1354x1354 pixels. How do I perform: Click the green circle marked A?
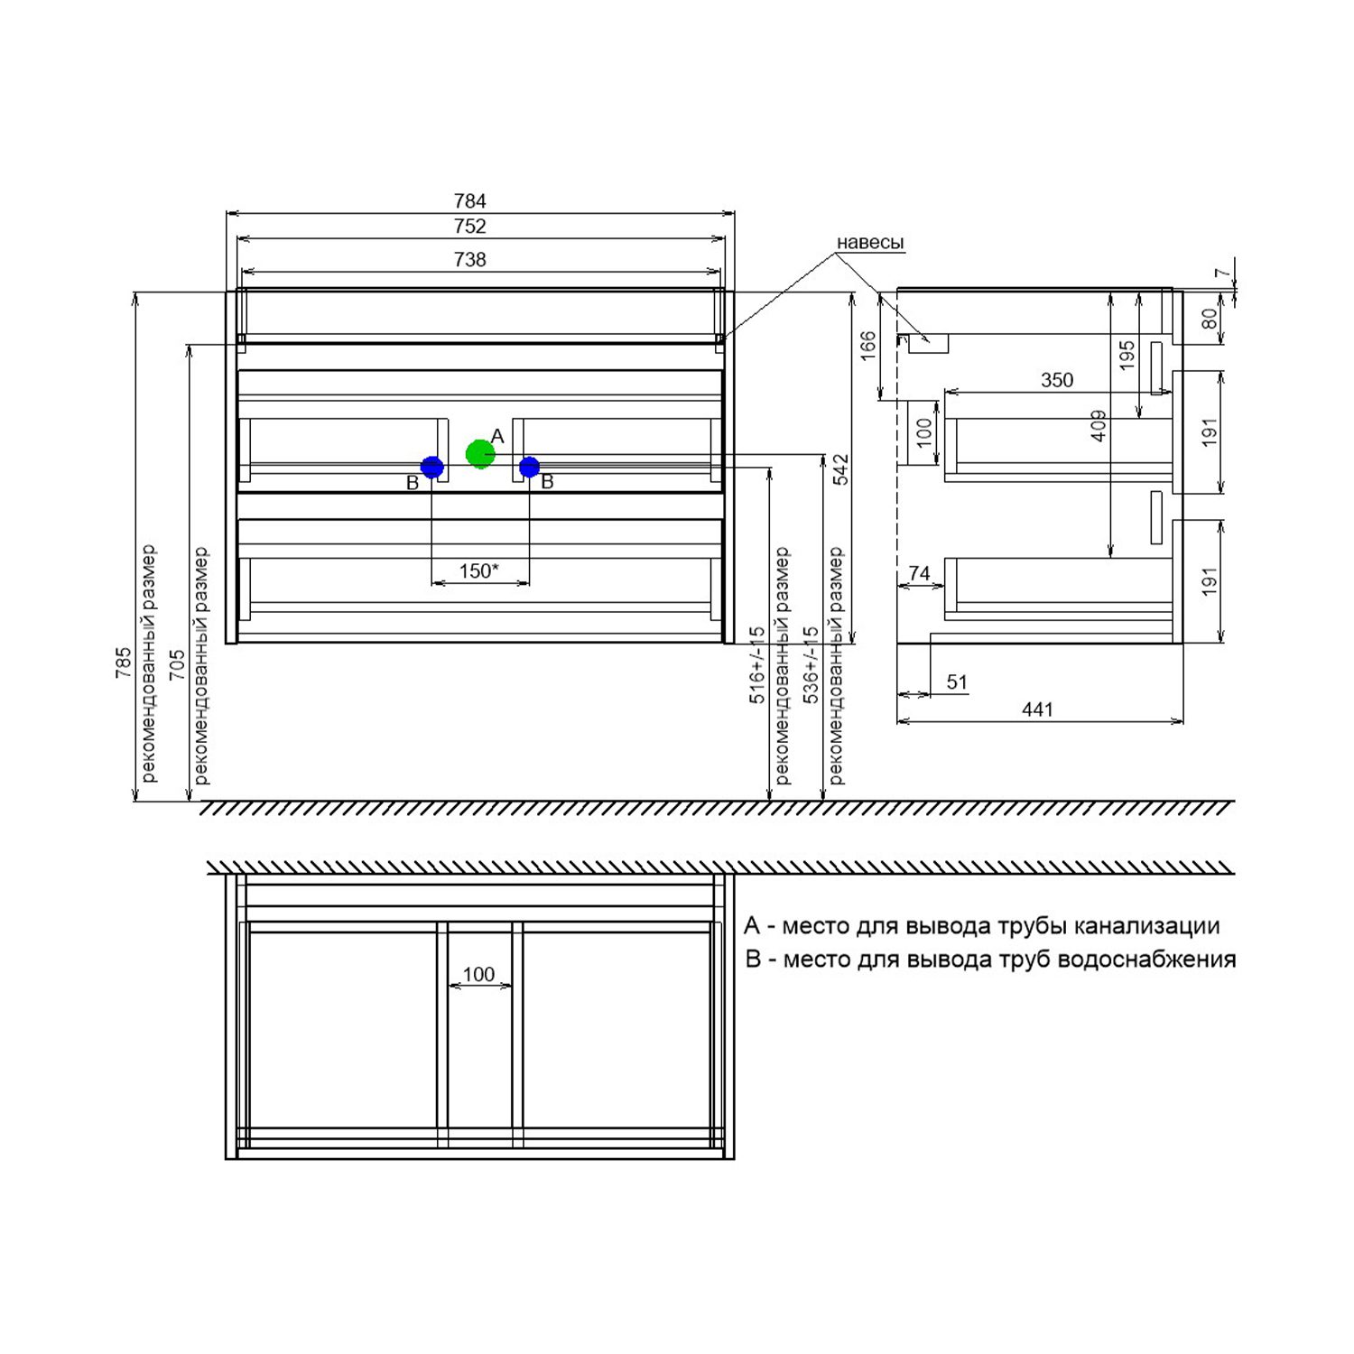[480, 453]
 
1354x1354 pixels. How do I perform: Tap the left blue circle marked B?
[432, 467]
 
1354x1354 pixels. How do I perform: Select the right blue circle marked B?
[529, 467]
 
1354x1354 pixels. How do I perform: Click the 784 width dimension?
[470, 200]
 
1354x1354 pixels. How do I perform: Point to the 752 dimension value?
[470, 226]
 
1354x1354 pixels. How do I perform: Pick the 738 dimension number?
[470, 260]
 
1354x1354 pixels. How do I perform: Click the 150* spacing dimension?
[478, 570]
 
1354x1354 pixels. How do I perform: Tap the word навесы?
[870, 243]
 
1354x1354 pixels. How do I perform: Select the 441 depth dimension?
[1038, 709]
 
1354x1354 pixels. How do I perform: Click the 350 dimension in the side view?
[1057, 380]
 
